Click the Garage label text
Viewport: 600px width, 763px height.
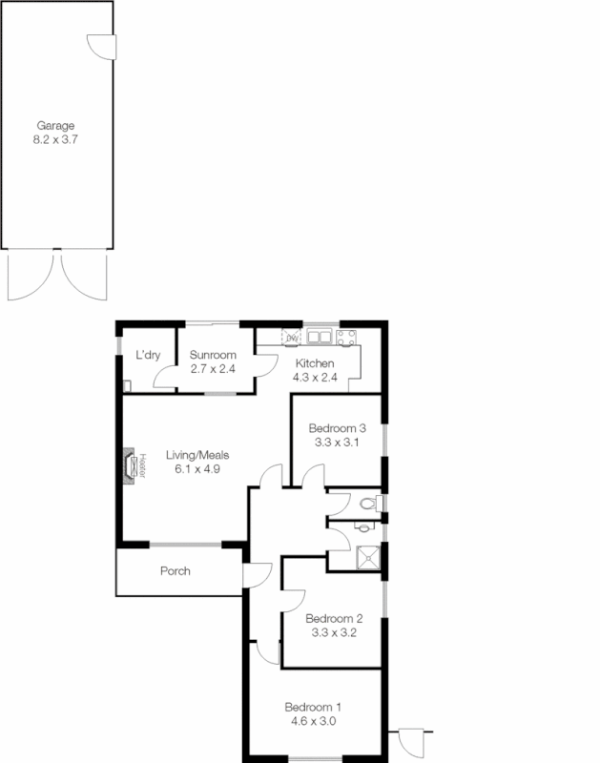click(55, 125)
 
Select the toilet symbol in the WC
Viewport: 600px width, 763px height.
click(373, 502)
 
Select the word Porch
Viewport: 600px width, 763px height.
click(176, 571)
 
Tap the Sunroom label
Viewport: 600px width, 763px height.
click(212, 355)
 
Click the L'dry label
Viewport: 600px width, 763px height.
click(147, 355)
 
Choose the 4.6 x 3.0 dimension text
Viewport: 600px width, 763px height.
click(313, 721)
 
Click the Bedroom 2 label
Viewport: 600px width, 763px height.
click(333, 617)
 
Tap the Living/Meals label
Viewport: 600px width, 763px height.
click(197, 455)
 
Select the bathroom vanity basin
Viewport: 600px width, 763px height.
click(364, 526)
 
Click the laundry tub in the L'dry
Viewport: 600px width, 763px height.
click(127, 385)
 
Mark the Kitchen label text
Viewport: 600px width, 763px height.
click(314, 363)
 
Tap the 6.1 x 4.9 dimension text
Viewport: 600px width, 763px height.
click(197, 468)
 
